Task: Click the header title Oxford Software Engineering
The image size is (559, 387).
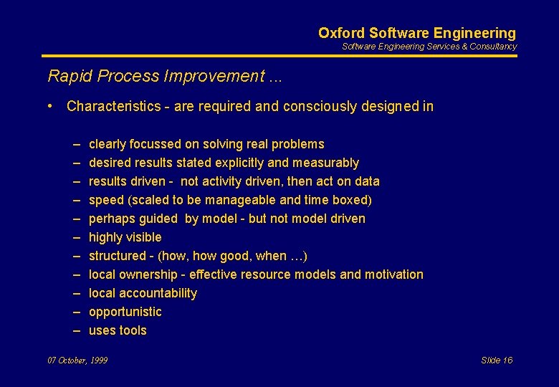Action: coord(416,33)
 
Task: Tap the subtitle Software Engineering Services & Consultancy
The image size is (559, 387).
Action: coord(429,47)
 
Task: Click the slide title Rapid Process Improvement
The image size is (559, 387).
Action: coord(164,76)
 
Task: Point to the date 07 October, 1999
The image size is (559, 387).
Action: coord(77,360)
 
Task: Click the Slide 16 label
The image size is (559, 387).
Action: coord(497,360)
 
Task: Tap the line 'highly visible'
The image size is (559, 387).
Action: coord(125,237)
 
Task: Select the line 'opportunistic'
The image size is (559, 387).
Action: coord(125,312)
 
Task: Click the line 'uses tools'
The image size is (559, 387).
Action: coord(118,330)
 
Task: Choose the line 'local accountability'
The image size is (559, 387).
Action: coord(143,293)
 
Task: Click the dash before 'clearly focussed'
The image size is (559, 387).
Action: coord(76,144)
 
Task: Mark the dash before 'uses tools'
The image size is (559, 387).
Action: coord(76,330)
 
